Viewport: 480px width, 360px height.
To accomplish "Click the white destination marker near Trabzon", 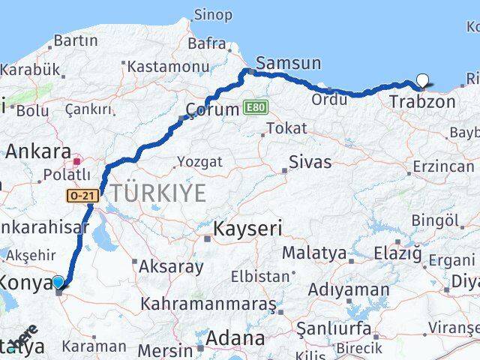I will click(x=422, y=82).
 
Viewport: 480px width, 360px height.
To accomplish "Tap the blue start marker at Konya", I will click(x=58, y=283).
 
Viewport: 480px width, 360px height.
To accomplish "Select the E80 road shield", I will click(x=255, y=109).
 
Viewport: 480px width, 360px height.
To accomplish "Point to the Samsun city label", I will click(x=288, y=64).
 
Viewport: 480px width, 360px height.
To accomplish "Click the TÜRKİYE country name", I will click(x=158, y=193).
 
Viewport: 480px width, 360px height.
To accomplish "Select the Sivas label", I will click(x=310, y=160).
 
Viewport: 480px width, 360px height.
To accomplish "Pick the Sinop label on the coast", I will click(x=213, y=14).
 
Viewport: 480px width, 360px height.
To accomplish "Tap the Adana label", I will click(x=236, y=338).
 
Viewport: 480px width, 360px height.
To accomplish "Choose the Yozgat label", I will click(x=199, y=161).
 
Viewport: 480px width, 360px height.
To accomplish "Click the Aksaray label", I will click(x=172, y=265).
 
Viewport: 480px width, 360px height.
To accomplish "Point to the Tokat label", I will click(x=286, y=129).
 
